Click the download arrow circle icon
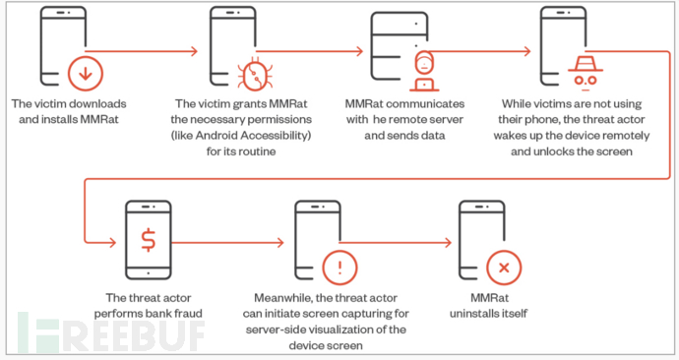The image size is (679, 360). pos(86,74)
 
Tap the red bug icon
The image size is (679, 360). pos(255,75)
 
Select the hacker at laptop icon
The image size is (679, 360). pos(424,72)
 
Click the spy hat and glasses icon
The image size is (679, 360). pos(586,73)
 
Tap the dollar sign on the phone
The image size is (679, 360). pos(148,240)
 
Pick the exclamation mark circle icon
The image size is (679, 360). pos(339,268)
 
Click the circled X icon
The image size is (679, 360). pos(504,268)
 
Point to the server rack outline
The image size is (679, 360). pos(400,46)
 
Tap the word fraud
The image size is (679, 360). pos(188,313)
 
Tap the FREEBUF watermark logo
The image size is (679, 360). pos(111,332)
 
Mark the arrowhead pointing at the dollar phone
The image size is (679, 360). pos(112,242)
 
